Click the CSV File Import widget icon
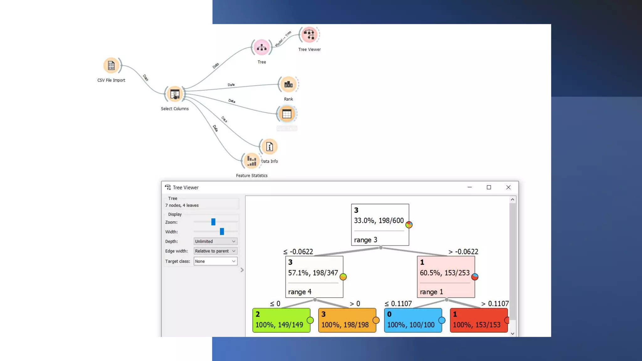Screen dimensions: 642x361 pyautogui.click(x=111, y=65)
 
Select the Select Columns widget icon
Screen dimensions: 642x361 pyautogui.click(x=175, y=94)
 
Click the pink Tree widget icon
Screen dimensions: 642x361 pyautogui.click(x=261, y=48)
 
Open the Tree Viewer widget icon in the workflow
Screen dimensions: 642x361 pyautogui.click(x=309, y=34)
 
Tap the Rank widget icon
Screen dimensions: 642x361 pyautogui.click(x=288, y=84)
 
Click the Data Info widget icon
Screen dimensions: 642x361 pyautogui.click(x=269, y=147)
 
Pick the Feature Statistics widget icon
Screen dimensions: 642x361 pyautogui.click(x=251, y=161)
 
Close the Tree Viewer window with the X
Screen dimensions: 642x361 pyautogui.click(x=508, y=187)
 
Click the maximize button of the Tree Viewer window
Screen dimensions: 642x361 pyautogui.click(x=489, y=187)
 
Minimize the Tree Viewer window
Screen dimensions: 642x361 pyautogui.click(x=470, y=187)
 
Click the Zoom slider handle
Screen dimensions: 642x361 pyautogui.click(x=213, y=222)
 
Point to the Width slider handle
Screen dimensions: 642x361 pyautogui.click(x=222, y=232)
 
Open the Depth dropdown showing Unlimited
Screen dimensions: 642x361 pyautogui.click(x=215, y=241)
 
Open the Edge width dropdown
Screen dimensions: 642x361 pyautogui.click(x=215, y=251)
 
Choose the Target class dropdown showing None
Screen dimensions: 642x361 pyautogui.click(x=215, y=261)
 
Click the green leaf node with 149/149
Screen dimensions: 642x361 pyautogui.click(x=281, y=320)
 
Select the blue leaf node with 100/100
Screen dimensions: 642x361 pyautogui.click(x=413, y=320)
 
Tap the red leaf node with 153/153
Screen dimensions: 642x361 pyautogui.click(x=478, y=320)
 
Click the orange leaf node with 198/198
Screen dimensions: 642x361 pyautogui.click(x=347, y=320)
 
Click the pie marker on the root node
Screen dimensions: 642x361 pyautogui.click(x=409, y=225)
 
